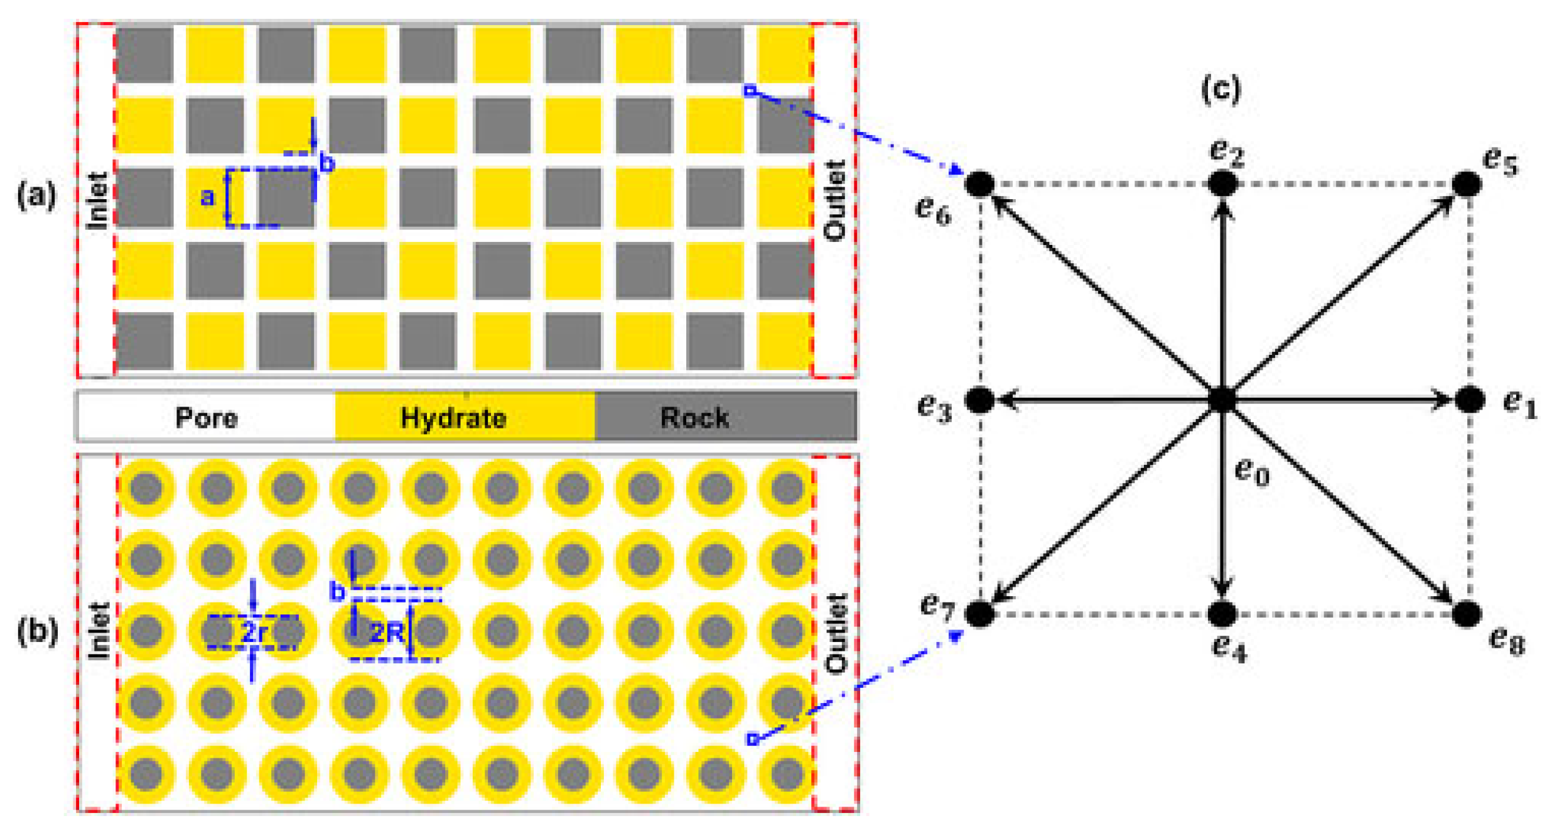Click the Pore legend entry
click(x=206, y=417)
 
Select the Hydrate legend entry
click(x=453, y=417)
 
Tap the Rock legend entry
click(x=694, y=417)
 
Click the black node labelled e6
click(x=979, y=183)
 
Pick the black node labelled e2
click(x=1222, y=183)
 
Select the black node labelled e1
click(x=1469, y=399)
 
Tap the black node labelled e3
click(x=979, y=400)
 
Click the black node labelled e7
click(x=979, y=614)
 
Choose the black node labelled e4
click(x=1222, y=614)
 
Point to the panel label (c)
click(x=1221, y=89)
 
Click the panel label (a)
click(x=36, y=196)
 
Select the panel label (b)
click(x=37, y=631)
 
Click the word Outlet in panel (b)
click(x=835, y=633)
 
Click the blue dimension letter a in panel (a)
click(x=207, y=197)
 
